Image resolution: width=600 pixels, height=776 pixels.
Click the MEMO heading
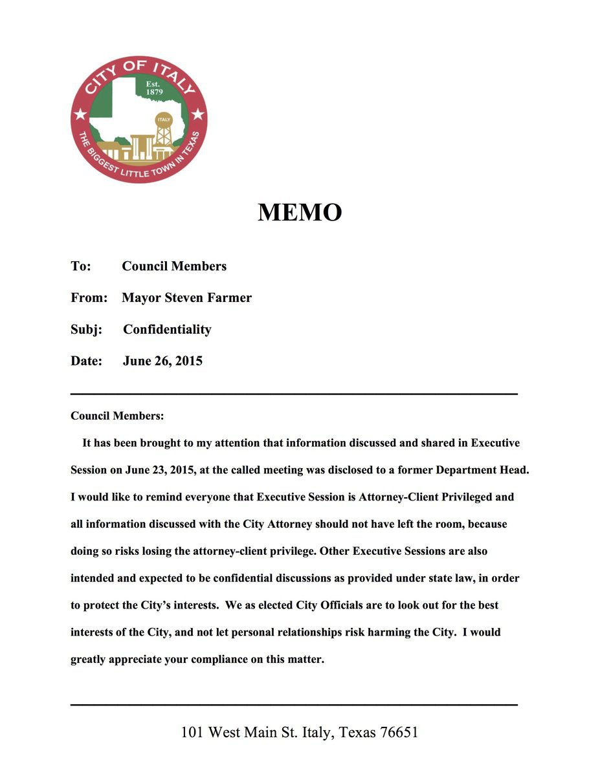pyautogui.click(x=300, y=213)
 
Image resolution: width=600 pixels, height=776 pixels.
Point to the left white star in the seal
pyautogui.click(x=80, y=115)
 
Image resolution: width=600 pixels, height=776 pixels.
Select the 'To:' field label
pyautogui.click(x=81, y=266)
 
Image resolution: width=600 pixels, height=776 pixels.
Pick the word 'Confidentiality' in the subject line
pyautogui.click(x=167, y=329)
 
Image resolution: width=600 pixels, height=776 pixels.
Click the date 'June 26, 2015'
pyautogui.click(x=162, y=361)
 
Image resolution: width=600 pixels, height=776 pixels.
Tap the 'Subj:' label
pyautogui.click(x=86, y=329)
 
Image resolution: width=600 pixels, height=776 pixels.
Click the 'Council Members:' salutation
pyautogui.click(x=117, y=416)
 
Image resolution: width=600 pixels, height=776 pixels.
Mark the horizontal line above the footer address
pyautogui.click(x=293, y=704)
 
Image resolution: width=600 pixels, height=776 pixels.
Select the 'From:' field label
pyautogui.click(x=89, y=297)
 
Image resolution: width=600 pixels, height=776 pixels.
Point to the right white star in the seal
pyautogui.click(x=197, y=115)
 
